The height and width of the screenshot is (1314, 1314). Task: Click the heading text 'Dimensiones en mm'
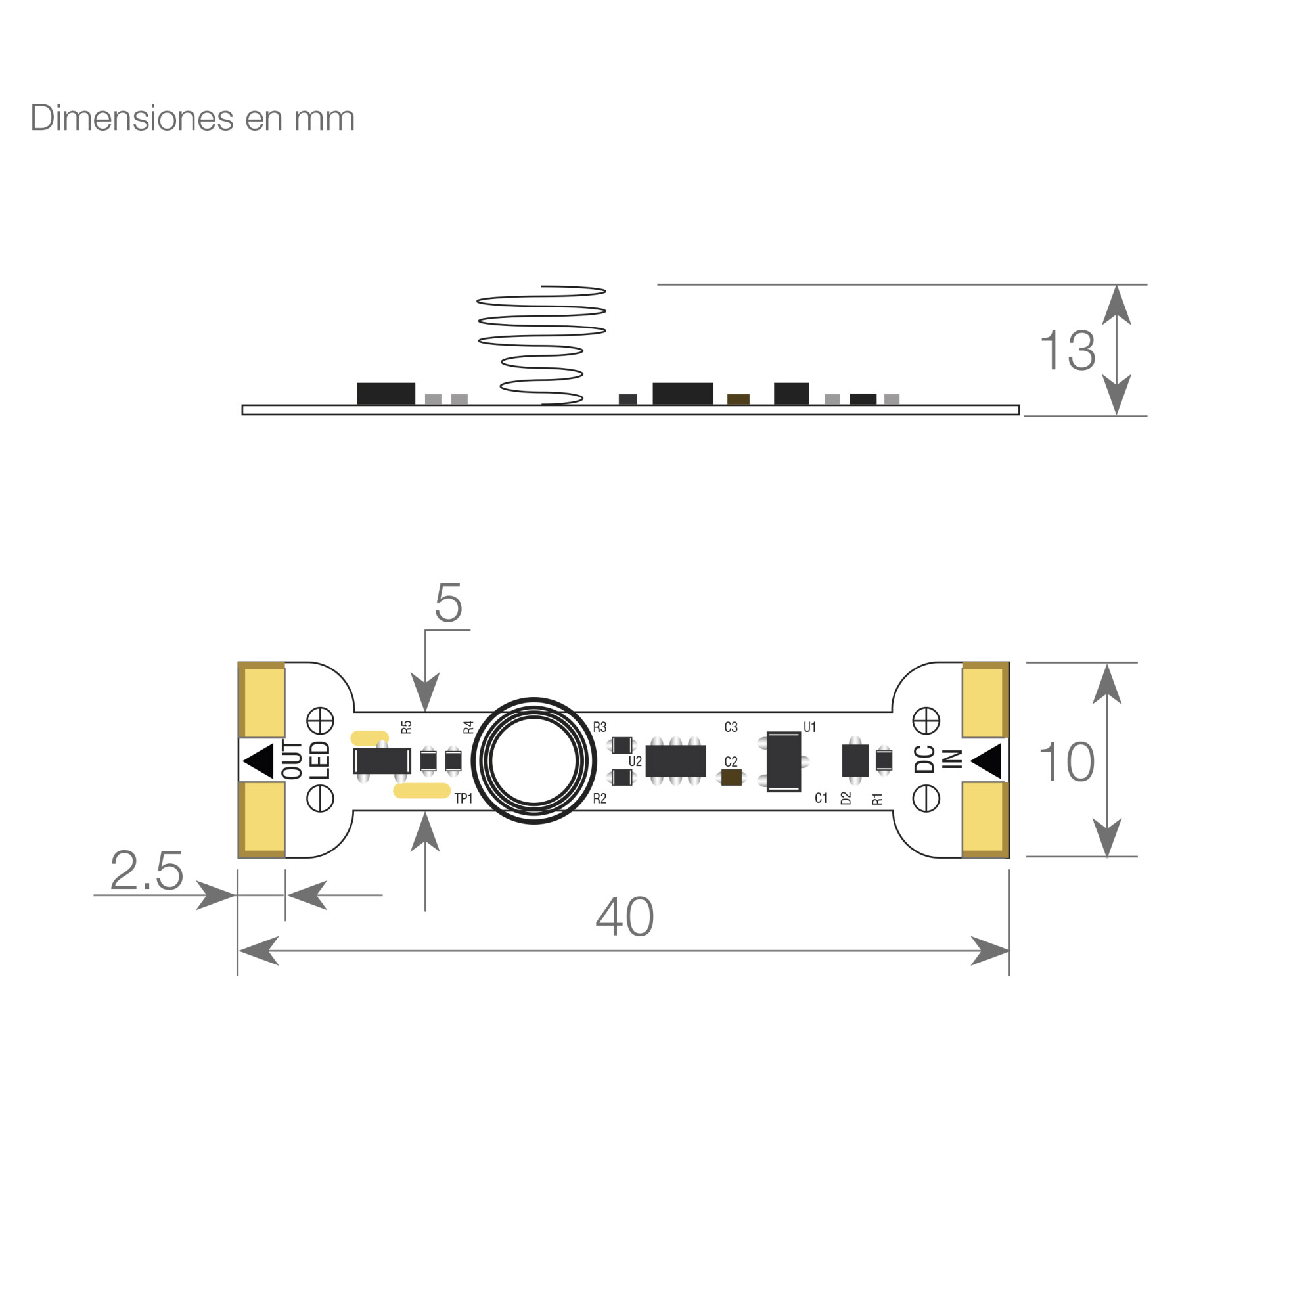point(193,118)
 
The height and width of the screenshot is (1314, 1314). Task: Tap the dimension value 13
point(1067,351)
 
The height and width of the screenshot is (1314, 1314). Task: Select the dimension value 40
point(624,917)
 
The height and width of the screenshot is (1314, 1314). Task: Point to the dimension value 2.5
point(147,870)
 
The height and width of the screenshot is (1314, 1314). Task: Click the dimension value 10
point(1066,761)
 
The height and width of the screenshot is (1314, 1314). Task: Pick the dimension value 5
point(449,602)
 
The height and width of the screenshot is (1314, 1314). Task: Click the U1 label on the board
point(809,727)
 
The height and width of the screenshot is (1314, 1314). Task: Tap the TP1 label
point(463,798)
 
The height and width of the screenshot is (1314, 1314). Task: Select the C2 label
point(731,761)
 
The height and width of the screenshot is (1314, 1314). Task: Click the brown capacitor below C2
point(732,777)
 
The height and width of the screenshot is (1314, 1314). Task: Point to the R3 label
point(599,727)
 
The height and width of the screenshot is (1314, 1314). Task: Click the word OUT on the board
point(292,760)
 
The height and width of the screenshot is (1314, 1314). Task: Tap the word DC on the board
point(924,759)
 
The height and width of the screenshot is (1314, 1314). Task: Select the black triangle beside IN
point(986,761)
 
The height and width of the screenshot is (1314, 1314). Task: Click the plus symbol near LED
point(320,721)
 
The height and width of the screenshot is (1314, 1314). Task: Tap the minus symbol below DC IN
point(926,798)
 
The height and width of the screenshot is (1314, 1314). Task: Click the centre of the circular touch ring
point(534,761)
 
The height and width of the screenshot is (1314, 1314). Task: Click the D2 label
point(846,798)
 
